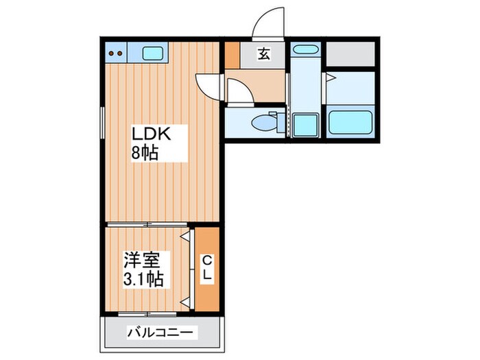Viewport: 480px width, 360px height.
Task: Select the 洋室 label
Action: (x=142, y=261)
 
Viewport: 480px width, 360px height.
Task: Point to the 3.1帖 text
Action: (x=143, y=279)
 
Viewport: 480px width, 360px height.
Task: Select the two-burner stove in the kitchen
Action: (x=116, y=53)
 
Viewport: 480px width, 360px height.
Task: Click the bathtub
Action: (x=350, y=122)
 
